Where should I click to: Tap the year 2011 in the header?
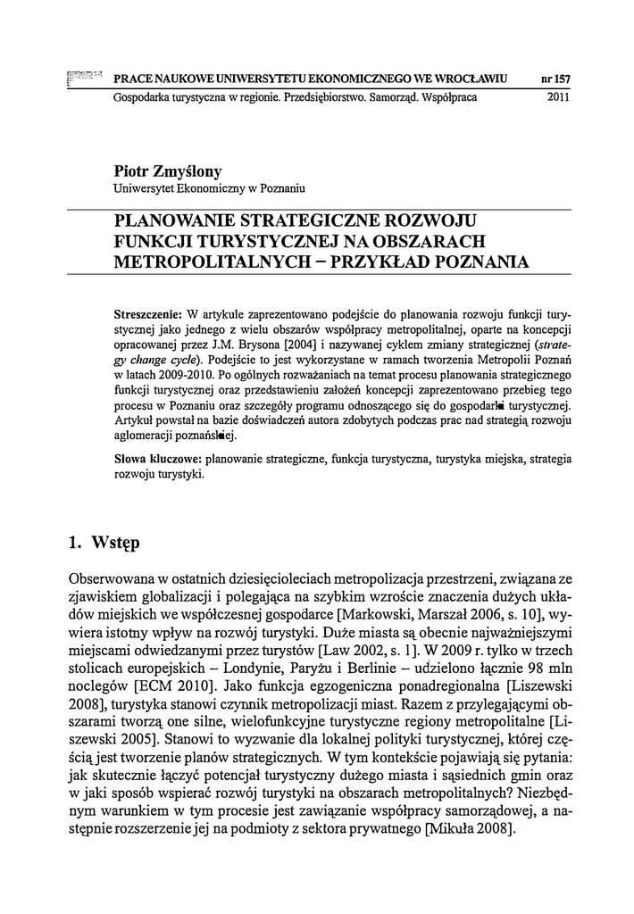point(558,97)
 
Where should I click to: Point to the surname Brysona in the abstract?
point(288,343)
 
